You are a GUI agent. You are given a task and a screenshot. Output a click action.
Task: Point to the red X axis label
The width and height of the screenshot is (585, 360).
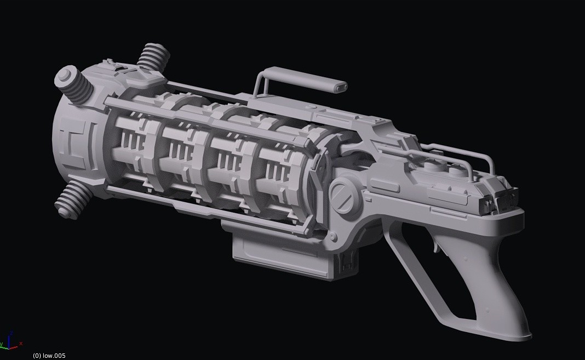21,343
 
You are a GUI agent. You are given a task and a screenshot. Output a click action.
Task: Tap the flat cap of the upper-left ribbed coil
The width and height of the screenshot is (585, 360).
65,76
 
